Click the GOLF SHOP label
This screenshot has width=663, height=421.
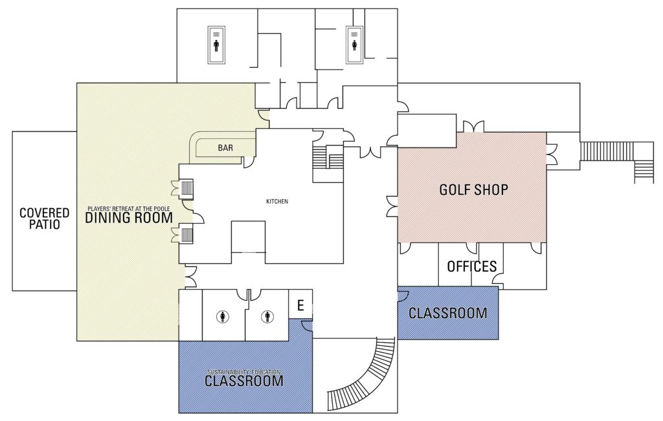473,190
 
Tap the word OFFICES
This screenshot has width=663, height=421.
471,266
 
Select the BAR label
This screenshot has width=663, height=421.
225,148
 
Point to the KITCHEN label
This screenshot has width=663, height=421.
276,202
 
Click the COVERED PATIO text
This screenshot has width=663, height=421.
39,219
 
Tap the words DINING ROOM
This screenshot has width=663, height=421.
129,218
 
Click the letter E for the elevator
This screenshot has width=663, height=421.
300,305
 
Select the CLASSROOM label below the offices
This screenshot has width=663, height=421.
447,314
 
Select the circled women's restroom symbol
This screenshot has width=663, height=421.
223,317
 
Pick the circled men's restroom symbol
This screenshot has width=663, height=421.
267,317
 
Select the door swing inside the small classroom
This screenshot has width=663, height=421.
402,296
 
